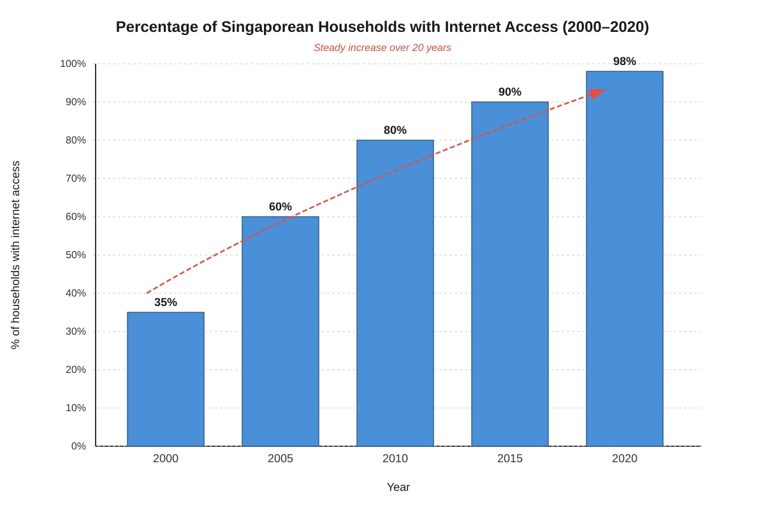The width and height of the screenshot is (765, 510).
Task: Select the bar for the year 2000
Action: coord(166,379)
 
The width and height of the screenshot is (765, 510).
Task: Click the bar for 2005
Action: coord(280,331)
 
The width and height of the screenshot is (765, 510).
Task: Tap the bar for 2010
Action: coord(395,293)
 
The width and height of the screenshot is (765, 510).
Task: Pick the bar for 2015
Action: coord(510,273)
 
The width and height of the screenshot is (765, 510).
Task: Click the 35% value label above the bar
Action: coord(166,302)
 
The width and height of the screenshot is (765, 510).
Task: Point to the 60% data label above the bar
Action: coord(280,207)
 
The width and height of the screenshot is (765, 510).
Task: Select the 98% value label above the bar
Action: coord(625,61)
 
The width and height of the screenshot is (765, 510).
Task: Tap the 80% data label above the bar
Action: coord(395,130)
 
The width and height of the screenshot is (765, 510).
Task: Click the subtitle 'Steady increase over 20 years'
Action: coord(382,48)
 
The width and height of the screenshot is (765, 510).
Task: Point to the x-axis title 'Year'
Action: coord(398,487)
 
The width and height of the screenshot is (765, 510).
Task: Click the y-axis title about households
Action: coord(16,255)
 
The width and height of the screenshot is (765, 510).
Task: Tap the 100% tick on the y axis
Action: coord(73,64)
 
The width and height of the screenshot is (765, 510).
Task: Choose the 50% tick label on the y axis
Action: coord(76,255)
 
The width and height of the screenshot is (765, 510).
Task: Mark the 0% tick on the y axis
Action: coord(78,446)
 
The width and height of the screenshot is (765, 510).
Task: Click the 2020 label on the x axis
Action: coord(625,458)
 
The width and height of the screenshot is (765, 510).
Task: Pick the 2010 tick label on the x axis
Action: coord(395,458)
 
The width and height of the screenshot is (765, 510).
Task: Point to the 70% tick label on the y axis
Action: coord(76,178)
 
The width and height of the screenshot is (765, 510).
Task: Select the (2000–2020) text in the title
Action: coord(606,27)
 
